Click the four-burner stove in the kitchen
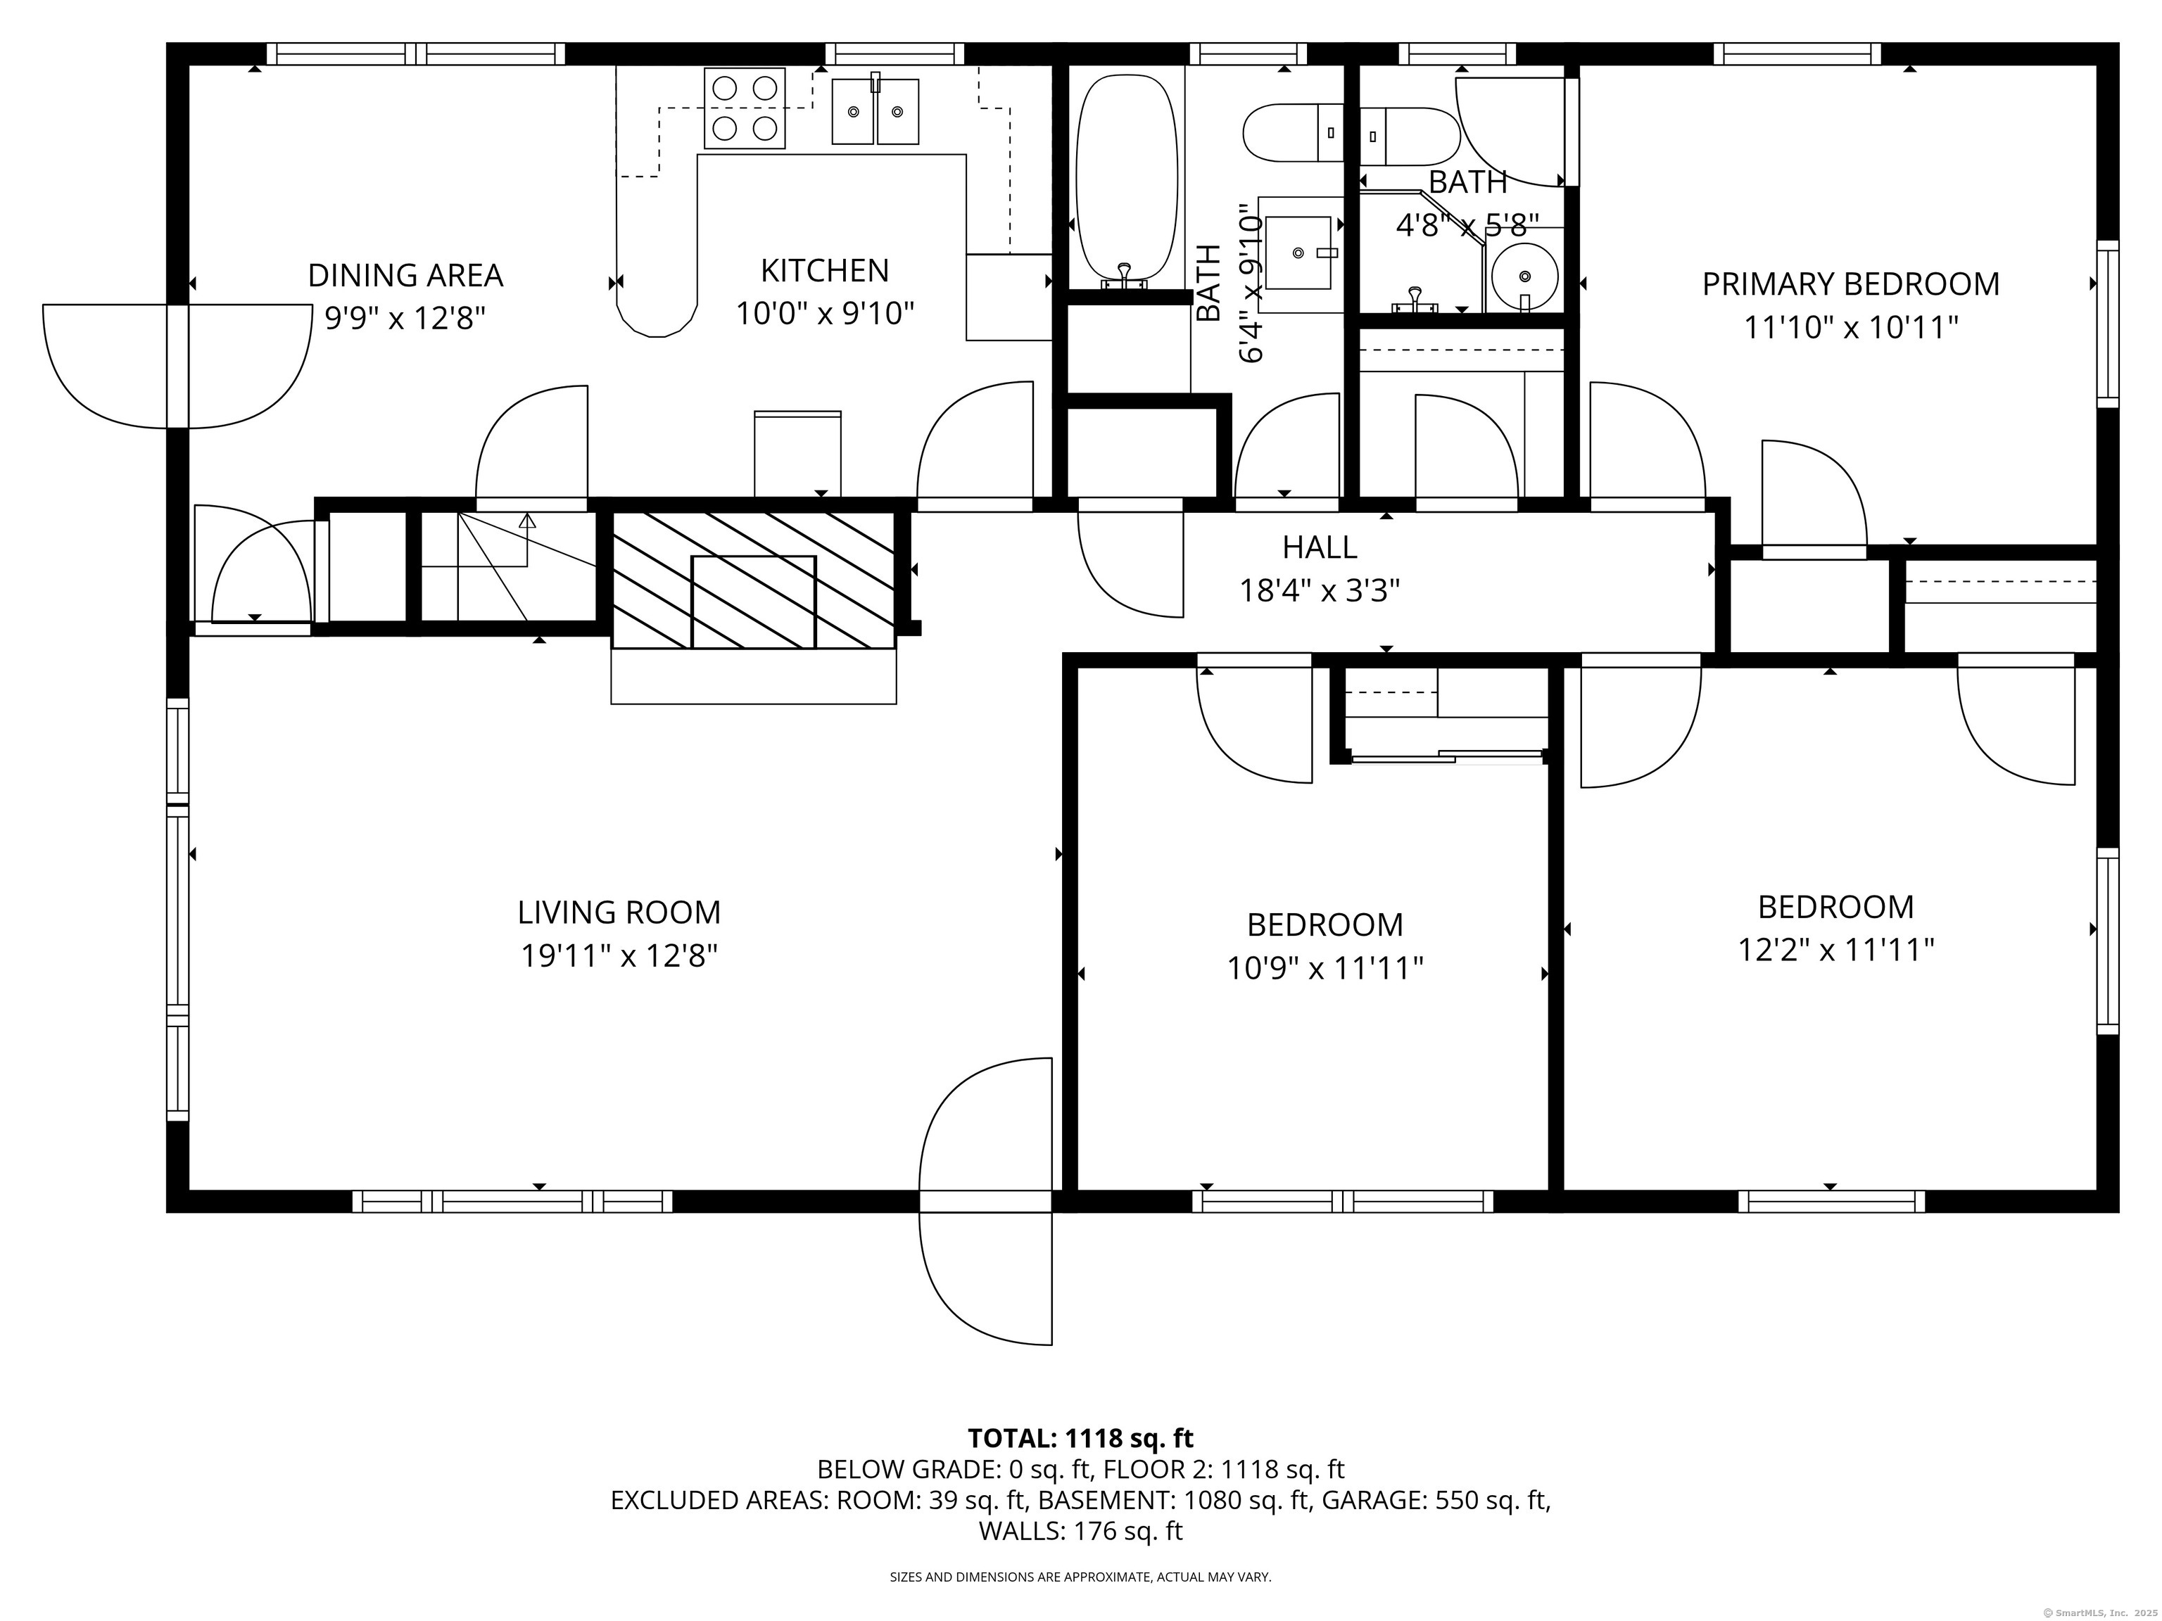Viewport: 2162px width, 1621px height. [745, 108]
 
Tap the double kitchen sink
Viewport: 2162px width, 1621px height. [875, 111]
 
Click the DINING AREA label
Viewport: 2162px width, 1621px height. [405, 276]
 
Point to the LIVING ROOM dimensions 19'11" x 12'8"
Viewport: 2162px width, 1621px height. [619, 955]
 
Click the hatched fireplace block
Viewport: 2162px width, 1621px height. [752, 580]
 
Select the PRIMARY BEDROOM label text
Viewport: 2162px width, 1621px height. [1850, 284]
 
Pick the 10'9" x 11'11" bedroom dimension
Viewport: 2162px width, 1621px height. [1325, 968]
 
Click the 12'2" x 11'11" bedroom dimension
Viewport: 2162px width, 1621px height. [1835, 950]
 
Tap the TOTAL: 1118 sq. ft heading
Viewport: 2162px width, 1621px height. [1080, 1438]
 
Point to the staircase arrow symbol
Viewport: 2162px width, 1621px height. [527, 521]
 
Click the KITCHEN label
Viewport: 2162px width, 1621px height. [824, 271]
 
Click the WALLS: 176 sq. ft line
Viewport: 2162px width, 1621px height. [1080, 1531]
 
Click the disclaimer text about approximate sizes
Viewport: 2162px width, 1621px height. [1080, 1576]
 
